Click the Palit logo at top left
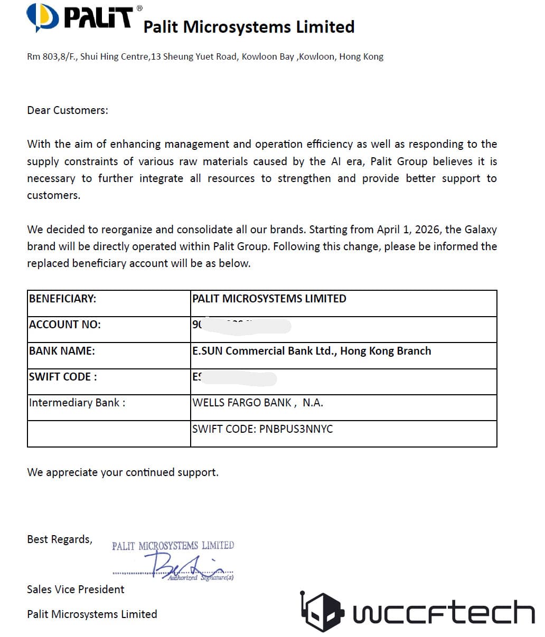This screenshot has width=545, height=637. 79,17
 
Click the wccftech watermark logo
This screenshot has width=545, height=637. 418,612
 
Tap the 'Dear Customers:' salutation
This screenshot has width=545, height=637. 68,110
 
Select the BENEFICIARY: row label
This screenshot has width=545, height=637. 63,299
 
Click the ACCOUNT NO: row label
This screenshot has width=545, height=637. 65,325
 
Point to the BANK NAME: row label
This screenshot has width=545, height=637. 62,351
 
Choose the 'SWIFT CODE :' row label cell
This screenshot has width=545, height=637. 63,377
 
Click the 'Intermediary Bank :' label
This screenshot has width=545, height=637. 77,403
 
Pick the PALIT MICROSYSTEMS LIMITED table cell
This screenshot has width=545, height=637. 269,299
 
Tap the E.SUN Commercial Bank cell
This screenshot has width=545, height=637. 312,351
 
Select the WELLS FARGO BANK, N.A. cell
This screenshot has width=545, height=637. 258,403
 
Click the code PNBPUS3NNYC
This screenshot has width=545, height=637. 296,429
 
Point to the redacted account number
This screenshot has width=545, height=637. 243,325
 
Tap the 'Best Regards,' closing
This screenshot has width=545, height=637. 60,539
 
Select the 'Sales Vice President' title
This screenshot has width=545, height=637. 76,590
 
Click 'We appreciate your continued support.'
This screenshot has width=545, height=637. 123,472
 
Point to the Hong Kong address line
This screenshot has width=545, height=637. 205,56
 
